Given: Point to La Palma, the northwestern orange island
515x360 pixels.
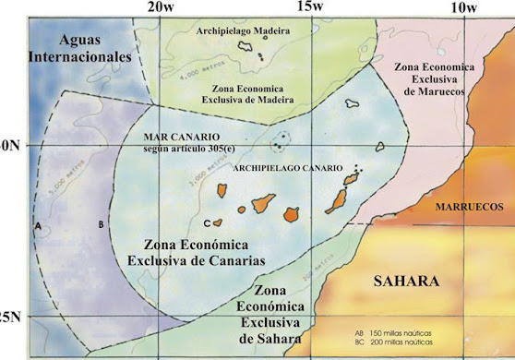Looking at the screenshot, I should [222, 190].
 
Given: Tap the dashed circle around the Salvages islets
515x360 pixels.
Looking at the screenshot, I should [280, 141].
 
